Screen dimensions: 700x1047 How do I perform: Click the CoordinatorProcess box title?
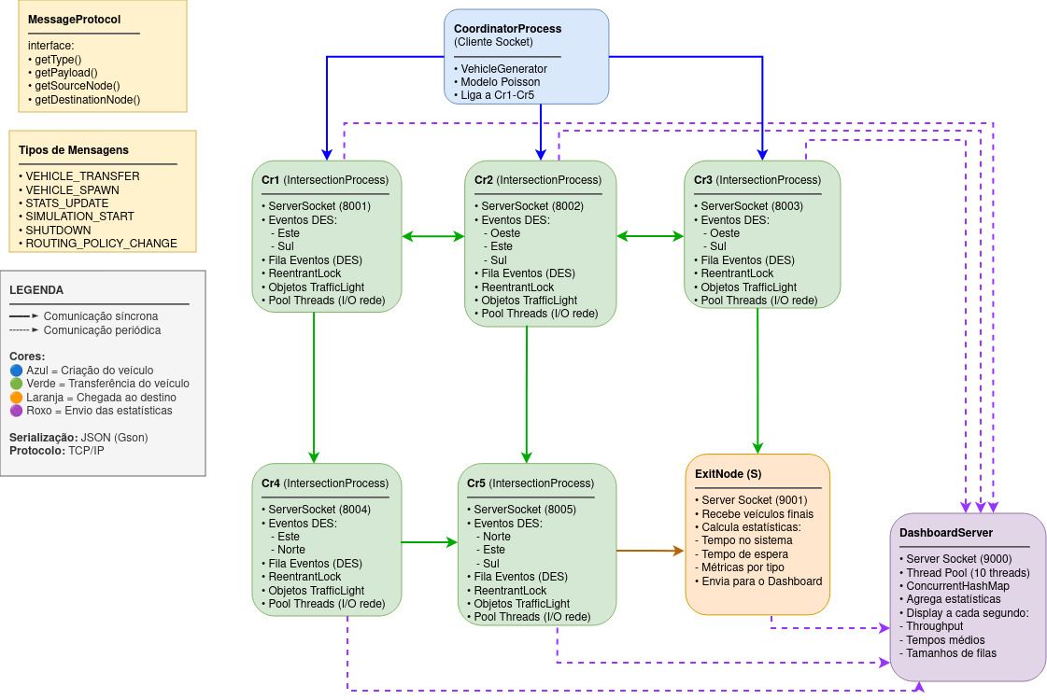pos(507,29)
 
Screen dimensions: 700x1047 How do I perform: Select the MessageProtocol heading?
pos(74,19)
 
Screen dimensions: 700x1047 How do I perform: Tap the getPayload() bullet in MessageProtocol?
pos(65,72)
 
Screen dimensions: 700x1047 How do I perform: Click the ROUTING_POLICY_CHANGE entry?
pos(101,243)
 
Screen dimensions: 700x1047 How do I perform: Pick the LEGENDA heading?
pos(36,290)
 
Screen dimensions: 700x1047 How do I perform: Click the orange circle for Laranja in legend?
pos(15,397)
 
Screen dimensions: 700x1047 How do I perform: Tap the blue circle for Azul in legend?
pos(15,371)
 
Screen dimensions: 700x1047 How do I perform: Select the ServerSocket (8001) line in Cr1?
pos(319,206)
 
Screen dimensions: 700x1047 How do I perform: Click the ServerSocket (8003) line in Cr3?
pos(751,206)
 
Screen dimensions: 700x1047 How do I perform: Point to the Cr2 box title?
pos(538,180)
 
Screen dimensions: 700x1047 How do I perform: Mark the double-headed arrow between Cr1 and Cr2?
pos(432,237)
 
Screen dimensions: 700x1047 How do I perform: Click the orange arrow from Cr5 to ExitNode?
pos(650,552)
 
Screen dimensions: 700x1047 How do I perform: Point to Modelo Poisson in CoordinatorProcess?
pos(500,82)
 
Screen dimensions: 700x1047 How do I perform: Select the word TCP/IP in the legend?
pos(86,451)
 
